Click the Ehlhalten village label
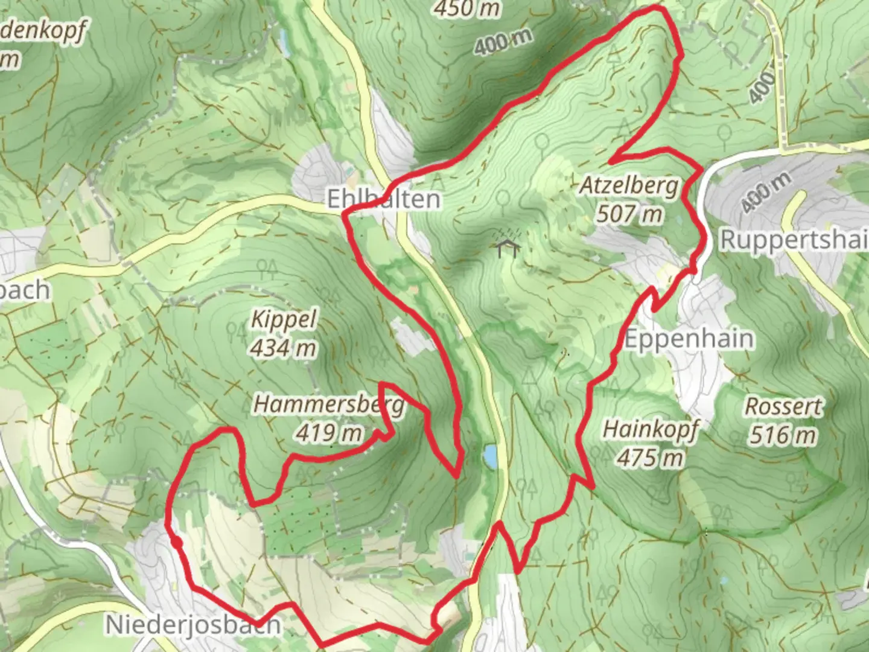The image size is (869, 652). click(x=383, y=199)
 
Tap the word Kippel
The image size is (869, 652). click(x=283, y=319)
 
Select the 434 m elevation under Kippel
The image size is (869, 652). click(x=283, y=348)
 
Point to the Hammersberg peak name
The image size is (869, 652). click(x=329, y=404)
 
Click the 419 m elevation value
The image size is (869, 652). click(x=329, y=432)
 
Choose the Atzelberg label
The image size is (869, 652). click(x=629, y=186)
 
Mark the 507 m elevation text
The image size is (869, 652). click(x=629, y=213)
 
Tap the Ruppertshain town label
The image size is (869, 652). click(x=794, y=240)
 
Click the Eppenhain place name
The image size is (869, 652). click(x=689, y=339)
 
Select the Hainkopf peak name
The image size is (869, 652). click(x=651, y=430)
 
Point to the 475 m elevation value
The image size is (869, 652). click(x=651, y=458)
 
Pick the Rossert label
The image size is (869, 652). click(x=783, y=406)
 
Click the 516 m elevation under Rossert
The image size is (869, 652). click(x=783, y=434)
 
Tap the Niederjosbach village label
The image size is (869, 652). click(x=193, y=624)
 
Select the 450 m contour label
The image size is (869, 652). click(x=467, y=8)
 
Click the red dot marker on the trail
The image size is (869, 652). click(x=176, y=543)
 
